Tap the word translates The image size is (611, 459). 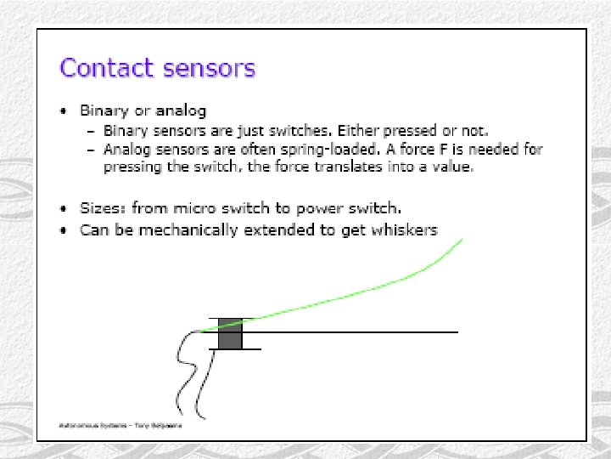point(347,167)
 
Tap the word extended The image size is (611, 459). point(275,230)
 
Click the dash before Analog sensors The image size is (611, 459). point(92,150)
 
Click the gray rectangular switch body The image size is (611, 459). point(230,334)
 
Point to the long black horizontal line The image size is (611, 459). point(356,331)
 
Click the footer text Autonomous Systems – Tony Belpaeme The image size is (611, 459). point(121,423)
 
